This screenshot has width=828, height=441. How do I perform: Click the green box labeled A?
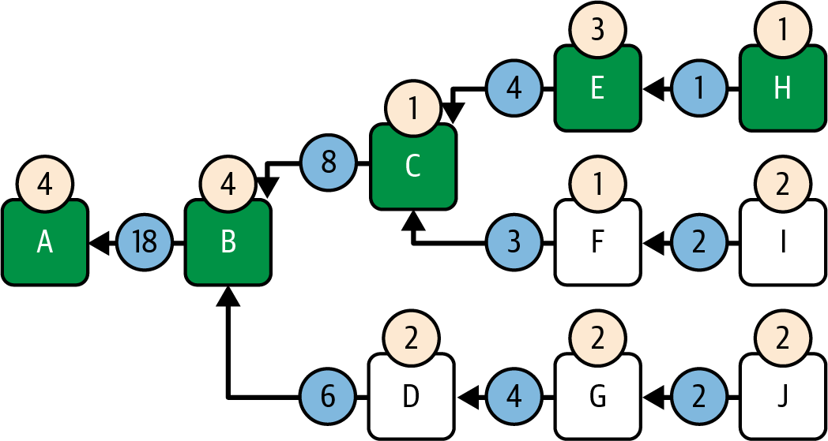(45, 243)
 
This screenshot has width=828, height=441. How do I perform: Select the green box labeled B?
(228, 243)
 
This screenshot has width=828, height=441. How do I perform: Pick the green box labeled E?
(597, 89)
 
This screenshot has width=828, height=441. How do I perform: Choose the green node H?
(782, 89)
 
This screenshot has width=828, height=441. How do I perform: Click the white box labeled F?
(597, 243)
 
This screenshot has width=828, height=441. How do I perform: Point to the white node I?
(782, 243)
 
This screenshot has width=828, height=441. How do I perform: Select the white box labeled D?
(411, 396)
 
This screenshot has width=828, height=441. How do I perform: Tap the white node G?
(597, 396)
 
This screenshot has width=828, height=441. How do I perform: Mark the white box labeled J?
(782, 396)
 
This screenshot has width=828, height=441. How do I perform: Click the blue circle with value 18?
(145, 243)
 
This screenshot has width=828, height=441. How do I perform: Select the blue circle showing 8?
(329, 164)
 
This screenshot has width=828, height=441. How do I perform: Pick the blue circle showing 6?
(329, 396)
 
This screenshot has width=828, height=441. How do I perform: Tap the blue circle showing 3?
(514, 243)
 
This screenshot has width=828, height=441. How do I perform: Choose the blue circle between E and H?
(698, 89)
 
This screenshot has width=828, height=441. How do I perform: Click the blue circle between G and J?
(698, 396)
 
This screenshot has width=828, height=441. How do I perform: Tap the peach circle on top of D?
(411, 338)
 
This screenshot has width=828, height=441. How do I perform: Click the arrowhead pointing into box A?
(99, 243)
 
